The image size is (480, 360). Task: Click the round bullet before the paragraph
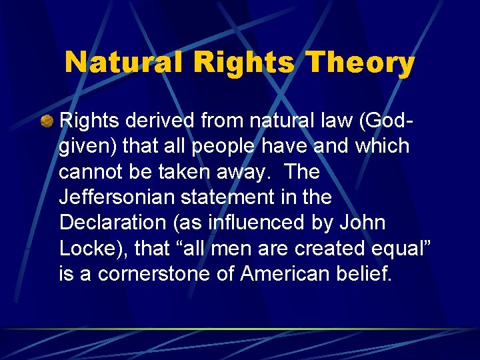point(47,122)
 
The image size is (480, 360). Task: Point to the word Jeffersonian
point(116,198)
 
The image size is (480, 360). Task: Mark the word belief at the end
point(368,274)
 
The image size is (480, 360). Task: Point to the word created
point(320,249)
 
